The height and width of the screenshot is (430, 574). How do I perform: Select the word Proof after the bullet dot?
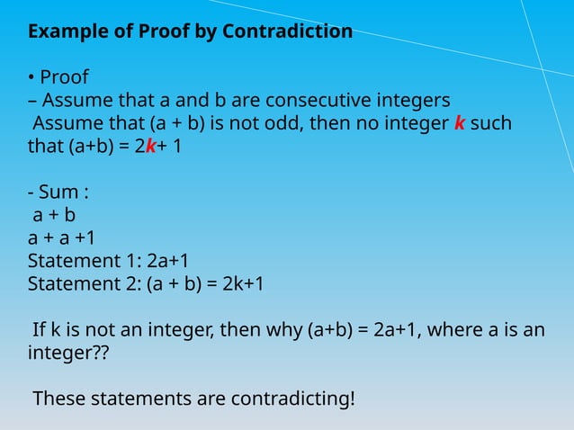pos(64,76)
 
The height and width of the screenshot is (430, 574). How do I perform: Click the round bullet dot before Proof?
pos(31,77)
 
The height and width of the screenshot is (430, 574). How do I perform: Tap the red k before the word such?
pos(460,121)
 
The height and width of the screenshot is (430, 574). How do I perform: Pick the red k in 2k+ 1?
pos(150,145)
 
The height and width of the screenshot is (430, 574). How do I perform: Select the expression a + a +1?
pos(62,237)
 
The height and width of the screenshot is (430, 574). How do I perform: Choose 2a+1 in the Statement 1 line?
pos(167,261)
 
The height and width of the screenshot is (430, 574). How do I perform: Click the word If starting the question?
pos(40,330)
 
